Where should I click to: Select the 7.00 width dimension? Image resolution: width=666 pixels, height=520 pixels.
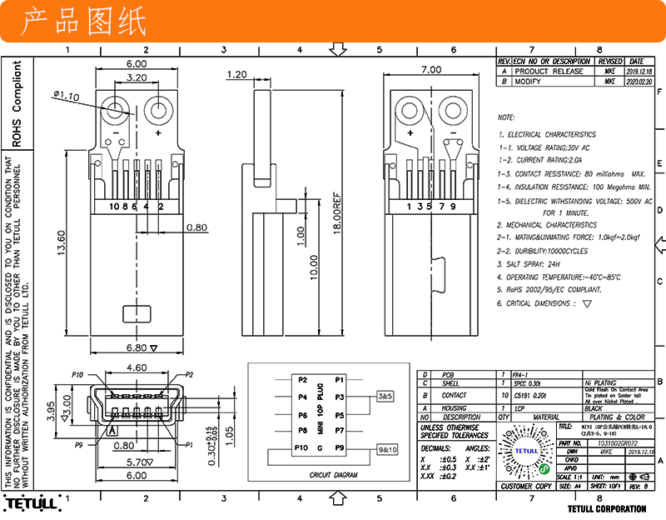(x=431, y=69)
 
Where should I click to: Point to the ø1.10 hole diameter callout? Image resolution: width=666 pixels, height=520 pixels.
(x=66, y=96)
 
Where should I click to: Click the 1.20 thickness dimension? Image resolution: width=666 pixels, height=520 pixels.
(x=236, y=74)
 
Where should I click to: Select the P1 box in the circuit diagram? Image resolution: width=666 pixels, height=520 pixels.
(x=339, y=379)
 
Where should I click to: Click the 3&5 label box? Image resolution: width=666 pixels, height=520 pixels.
(x=385, y=395)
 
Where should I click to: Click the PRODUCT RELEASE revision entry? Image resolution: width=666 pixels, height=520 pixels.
(x=549, y=72)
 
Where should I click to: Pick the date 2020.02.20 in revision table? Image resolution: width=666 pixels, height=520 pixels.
(x=636, y=82)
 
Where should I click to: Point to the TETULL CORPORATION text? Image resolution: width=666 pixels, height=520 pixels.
(x=606, y=508)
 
